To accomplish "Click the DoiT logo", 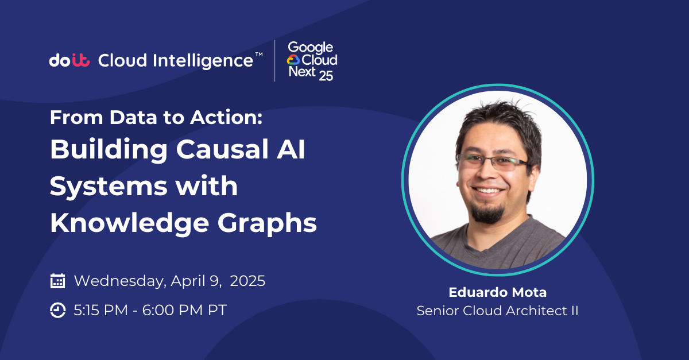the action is [69, 60].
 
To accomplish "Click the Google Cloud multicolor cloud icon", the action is [293, 60].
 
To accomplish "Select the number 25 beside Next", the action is [326, 76].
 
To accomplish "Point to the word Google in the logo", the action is [311, 48].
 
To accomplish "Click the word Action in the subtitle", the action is [226, 117].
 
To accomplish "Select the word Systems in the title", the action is [109, 187].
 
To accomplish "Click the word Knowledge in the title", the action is [130, 223].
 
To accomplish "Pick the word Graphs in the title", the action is [267, 223].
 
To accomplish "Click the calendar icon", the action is [57, 281].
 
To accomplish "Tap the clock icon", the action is [57, 310].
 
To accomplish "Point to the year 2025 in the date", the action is [247, 281].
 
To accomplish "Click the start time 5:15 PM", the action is [100, 310].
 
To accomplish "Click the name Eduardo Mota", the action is [498, 292].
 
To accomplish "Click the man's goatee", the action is [487, 212].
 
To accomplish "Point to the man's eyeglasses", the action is [493, 162].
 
